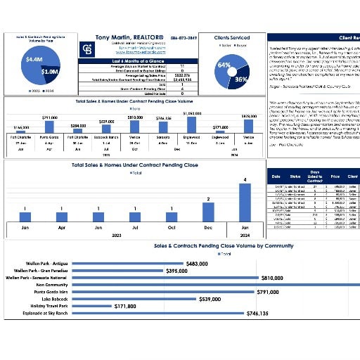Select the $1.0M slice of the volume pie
(49, 72)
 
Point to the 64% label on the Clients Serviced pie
(224, 65)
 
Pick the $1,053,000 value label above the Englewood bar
(192, 113)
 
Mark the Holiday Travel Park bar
(91, 306)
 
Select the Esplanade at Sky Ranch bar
(141, 314)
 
